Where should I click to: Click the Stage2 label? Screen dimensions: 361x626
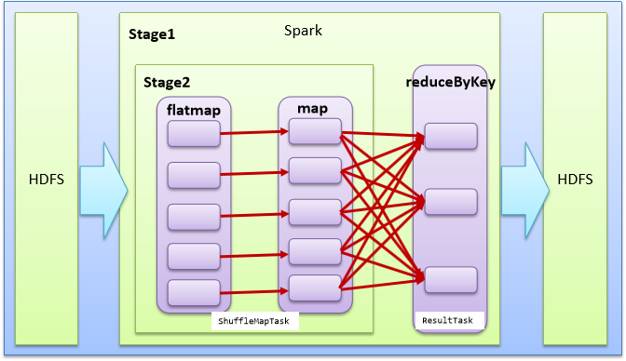[x=166, y=83]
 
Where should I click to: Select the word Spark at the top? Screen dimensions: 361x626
[x=304, y=31]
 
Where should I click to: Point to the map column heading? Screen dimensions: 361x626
[x=312, y=109]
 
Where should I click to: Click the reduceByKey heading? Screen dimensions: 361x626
[x=451, y=82]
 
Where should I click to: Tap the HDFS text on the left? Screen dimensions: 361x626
[x=46, y=180]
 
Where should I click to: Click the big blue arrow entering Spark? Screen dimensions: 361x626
[x=103, y=188]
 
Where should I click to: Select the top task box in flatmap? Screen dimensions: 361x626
[x=193, y=136]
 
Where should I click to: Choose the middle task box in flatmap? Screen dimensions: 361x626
[x=193, y=215]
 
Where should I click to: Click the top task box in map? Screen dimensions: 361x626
[x=315, y=132]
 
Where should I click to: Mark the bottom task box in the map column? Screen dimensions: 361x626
[x=315, y=287]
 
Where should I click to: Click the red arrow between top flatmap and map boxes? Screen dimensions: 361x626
[x=253, y=133]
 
